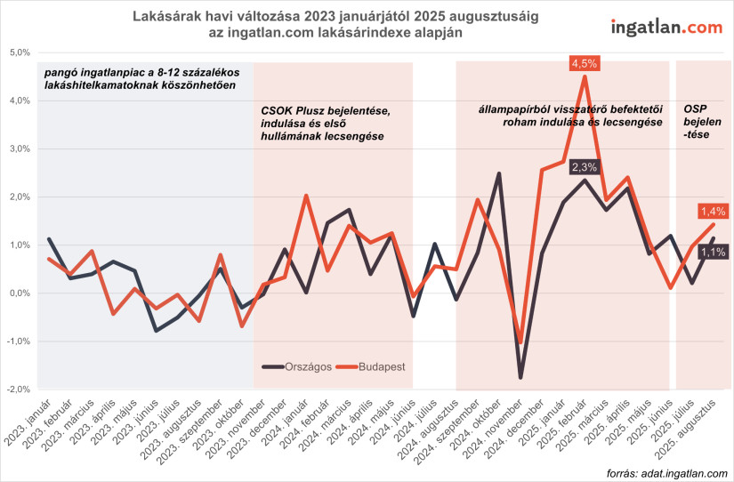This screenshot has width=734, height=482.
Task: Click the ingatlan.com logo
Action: [x=666, y=27]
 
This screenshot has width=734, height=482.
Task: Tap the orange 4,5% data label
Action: [x=585, y=63]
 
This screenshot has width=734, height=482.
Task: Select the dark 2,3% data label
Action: [x=585, y=166]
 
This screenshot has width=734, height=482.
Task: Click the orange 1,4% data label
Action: [x=714, y=211]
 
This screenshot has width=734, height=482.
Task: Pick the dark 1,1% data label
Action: [x=714, y=253]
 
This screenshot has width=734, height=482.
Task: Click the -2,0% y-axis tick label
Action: [x=18, y=390]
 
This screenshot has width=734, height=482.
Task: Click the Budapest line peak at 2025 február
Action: [x=585, y=76]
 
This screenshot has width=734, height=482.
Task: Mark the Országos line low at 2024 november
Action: [x=520, y=378]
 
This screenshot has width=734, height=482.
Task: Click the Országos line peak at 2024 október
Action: [x=499, y=173]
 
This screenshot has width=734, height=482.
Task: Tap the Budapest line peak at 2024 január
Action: [x=306, y=196]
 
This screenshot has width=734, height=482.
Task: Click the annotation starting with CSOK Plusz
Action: [x=325, y=122]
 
